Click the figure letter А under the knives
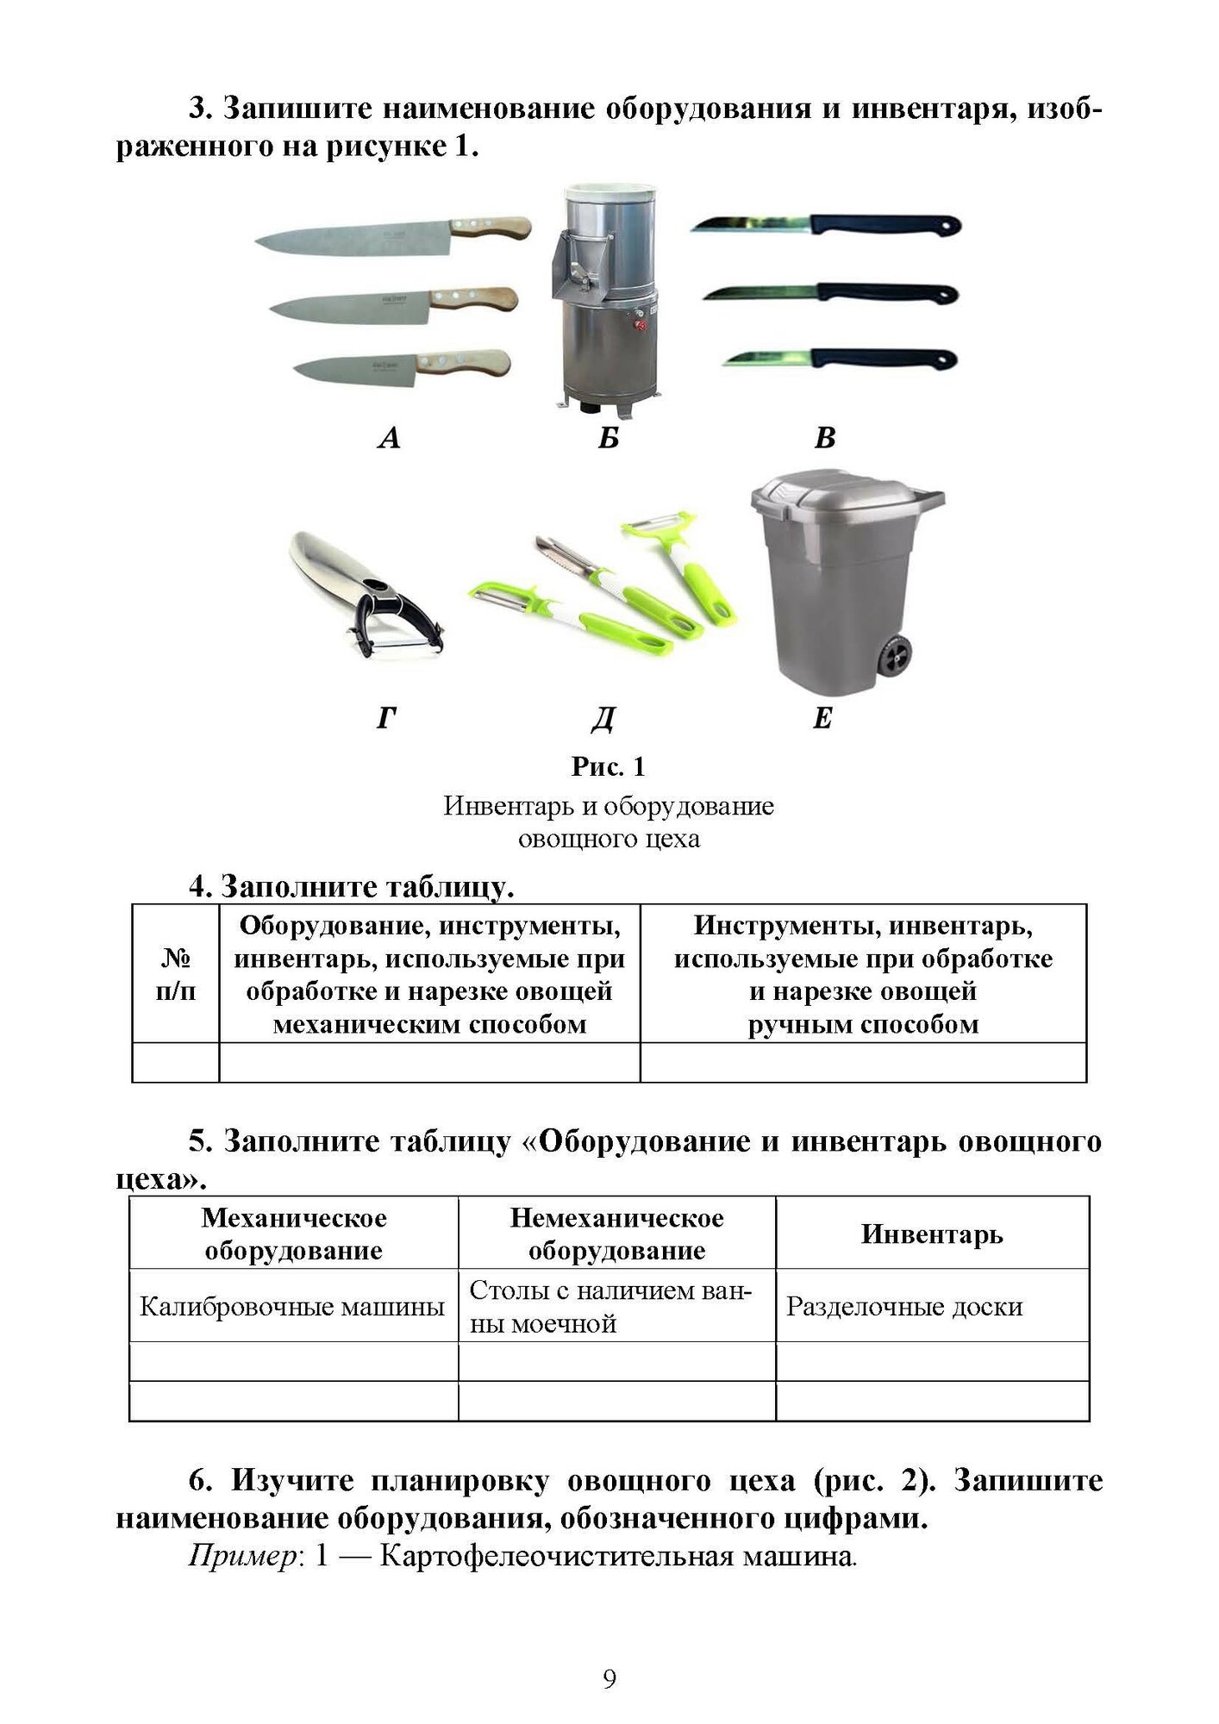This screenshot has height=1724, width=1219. pos(389,439)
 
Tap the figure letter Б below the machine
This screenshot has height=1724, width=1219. pos(609,439)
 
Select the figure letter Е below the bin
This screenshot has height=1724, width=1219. pos(822,718)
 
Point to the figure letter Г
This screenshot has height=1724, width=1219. pos(386,718)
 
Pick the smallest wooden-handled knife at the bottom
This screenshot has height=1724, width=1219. pos(401,366)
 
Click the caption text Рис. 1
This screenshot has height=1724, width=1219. pos(609,766)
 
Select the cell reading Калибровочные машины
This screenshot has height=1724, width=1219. pos(292,1307)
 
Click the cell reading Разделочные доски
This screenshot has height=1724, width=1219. pos(904,1307)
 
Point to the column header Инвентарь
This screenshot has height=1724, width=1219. pos(932,1234)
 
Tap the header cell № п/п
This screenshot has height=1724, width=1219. pos(175,975)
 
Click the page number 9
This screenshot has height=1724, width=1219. pos(609,1679)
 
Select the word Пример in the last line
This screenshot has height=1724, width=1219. pos(242,1557)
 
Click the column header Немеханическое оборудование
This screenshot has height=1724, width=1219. pos(616,1234)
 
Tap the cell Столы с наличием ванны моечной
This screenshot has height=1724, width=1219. pos(611,1307)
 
